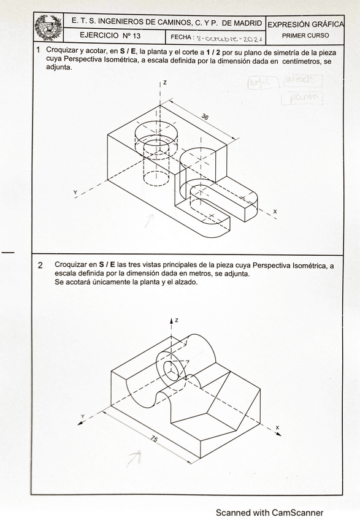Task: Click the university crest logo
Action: click(x=48, y=28)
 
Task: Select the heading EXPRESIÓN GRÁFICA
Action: click(x=305, y=24)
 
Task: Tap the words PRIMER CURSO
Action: click(x=305, y=36)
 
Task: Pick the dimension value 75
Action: click(x=154, y=439)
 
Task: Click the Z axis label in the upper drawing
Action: click(x=166, y=82)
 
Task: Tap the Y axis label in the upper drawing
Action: click(x=75, y=193)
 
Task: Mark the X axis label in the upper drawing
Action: click(x=275, y=212)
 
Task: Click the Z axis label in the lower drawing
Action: click(x=176, y=320)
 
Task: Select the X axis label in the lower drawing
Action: click(x=277, y=427)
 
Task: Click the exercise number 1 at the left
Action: click(x=39, y=50)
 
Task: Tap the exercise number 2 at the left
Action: click(x=40, y=266)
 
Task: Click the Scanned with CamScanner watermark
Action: click(x=269, y=513)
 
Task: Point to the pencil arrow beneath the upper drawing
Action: click(x=149, y=220)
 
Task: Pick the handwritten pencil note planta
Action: click(x=301, y=97)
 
